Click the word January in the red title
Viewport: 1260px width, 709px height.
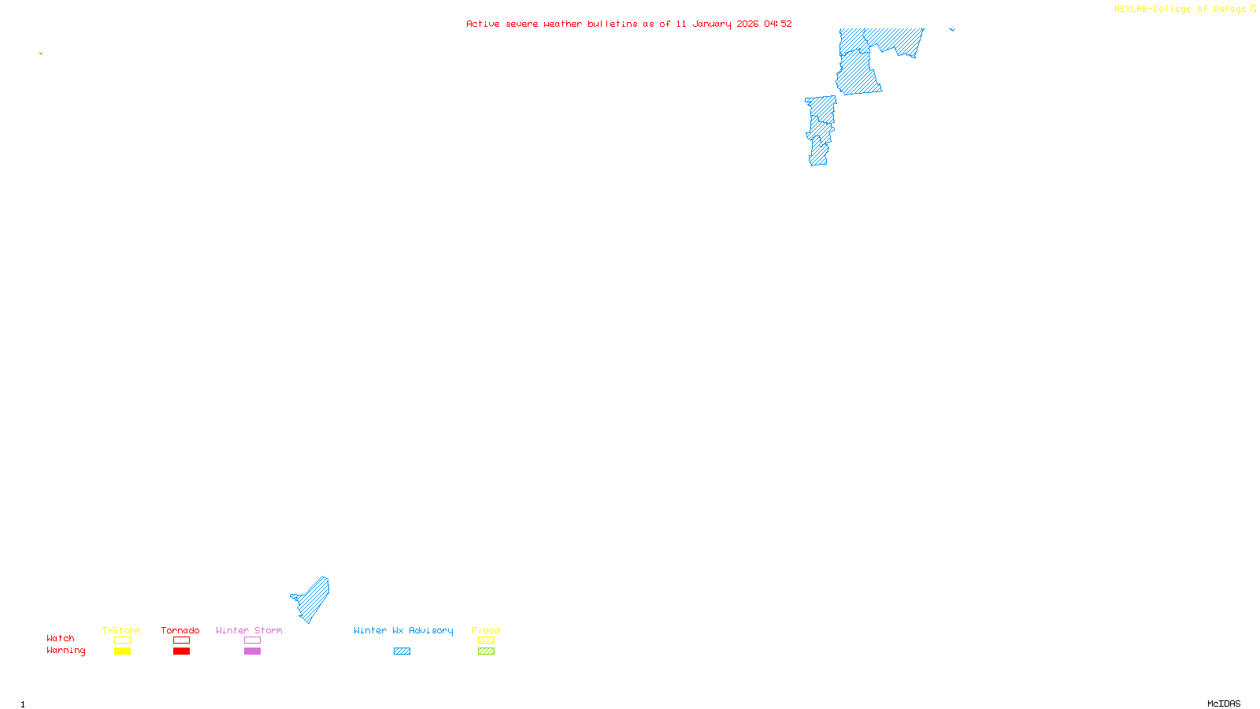click(712, 24)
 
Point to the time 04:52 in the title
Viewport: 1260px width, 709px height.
click(777, 24)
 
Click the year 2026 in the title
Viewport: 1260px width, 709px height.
click(747, 24)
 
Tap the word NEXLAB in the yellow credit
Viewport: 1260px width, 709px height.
click(1130, 9)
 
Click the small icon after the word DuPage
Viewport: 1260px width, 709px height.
click(1253, 9)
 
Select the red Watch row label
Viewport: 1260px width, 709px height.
click(61, 639)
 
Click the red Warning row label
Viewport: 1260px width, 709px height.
click(65, 651)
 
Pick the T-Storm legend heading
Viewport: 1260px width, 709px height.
click(121, 630)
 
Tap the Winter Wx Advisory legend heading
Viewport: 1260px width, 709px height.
click(403, 630)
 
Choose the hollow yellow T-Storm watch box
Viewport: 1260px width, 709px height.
click(122, 640)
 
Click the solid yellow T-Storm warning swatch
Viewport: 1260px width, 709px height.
click(122, 651)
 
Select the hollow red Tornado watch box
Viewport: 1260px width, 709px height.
click(181, 640)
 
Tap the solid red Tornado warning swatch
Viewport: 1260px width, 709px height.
click(181, 651)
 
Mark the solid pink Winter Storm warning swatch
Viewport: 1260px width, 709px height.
click(252, 651)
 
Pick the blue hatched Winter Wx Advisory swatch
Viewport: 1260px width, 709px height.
click(402, 651)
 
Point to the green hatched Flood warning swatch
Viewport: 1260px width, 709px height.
click(486, 651)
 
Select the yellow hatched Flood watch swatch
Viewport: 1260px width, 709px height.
click(486, 640)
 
